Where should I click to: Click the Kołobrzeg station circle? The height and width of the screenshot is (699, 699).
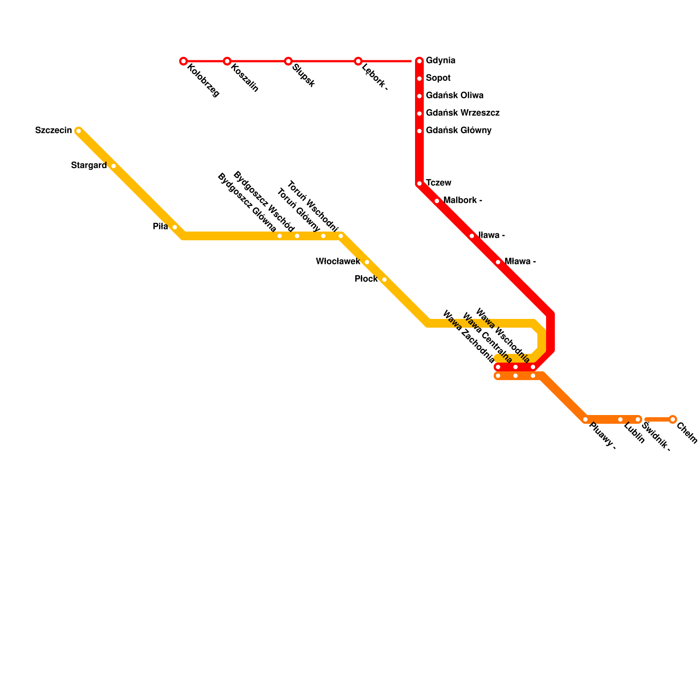point(183,61)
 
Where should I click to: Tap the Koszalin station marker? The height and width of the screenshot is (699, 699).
point(227,61)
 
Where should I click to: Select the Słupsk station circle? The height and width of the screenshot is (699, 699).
point(288,61)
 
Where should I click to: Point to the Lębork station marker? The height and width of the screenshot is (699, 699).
point(358,61)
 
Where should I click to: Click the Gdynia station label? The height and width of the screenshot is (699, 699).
point(440,61)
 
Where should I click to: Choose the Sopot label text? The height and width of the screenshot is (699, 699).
point(438,78)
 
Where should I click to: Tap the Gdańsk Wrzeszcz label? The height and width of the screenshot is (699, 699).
point(462,113)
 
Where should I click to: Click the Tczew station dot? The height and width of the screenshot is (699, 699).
point(419,183)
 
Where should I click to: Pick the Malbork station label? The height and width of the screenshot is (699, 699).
point(462,201)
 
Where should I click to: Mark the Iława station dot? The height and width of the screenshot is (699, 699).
point(472,236)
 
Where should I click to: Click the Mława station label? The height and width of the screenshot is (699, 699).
point(520,262)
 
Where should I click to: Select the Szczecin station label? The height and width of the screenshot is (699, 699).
point(53,130)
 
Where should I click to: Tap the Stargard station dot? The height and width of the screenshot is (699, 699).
point(114,166)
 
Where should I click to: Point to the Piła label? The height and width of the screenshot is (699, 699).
point(160,226)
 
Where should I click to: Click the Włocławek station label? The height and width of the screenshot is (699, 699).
point(338,261)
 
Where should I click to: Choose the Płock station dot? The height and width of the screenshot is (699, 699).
point(384,280)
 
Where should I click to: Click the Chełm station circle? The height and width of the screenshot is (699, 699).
point(673,419)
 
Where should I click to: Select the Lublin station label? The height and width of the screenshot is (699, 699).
point(634,433)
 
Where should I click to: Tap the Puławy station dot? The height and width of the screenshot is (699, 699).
point(585,419)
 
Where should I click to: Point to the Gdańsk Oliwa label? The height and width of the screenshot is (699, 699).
point(454,96)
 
